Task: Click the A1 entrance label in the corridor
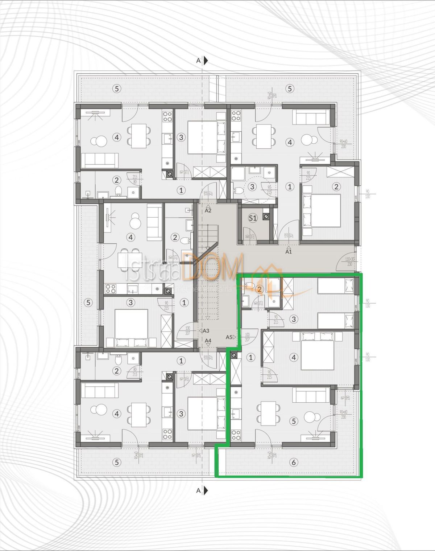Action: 289,251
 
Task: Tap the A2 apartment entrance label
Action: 208,210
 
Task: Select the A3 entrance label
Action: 206,330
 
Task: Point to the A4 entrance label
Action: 208,341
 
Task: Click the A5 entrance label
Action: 229,337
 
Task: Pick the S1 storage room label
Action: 252,218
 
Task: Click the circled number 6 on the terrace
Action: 294,462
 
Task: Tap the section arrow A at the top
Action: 202,61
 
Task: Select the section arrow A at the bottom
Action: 202,491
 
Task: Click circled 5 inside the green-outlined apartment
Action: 294,421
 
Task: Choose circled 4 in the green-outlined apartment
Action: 294,358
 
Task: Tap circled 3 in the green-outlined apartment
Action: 294,319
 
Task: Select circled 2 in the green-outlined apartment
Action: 259,289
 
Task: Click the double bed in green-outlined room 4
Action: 318,352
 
